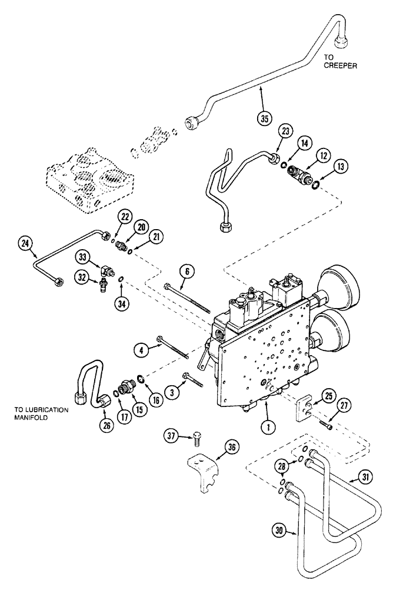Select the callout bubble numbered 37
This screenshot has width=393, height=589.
(x=171, y=436)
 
